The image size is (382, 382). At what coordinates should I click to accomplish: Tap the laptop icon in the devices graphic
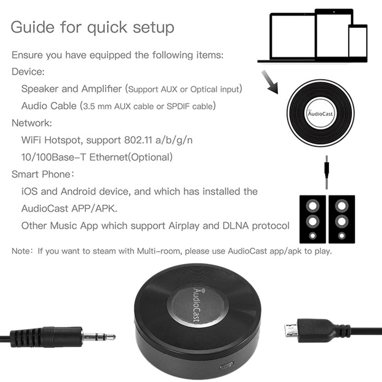286,36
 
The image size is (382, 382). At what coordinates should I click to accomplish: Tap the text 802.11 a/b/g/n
158,140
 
